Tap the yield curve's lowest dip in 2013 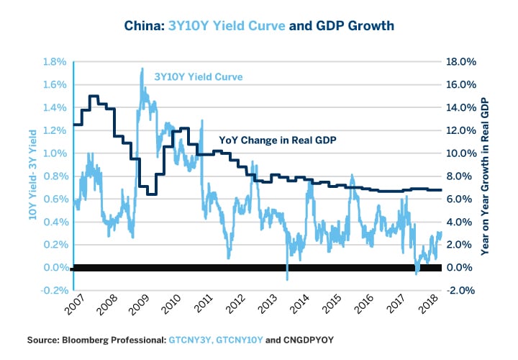287,279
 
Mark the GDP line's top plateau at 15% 94,96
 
